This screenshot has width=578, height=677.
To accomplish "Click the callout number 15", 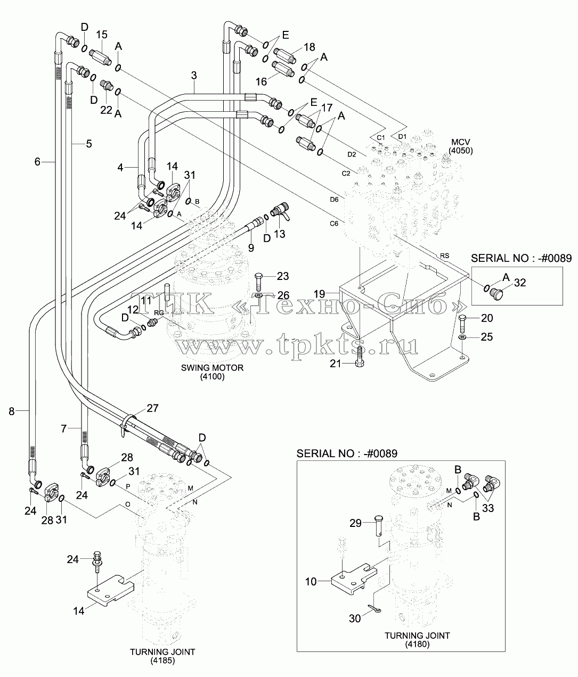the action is [102, 35].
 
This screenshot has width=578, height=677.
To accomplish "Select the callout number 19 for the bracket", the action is [319, 293].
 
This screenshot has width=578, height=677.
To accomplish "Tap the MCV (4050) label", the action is [461, 146].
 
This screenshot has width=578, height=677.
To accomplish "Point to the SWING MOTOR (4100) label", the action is [213, 372].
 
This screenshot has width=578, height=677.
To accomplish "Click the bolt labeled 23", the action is [258, 282].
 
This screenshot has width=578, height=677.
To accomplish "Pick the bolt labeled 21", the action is [360, 357].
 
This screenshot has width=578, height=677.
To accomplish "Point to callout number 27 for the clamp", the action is [152, 408].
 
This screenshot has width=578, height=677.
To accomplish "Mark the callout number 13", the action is [279, 234].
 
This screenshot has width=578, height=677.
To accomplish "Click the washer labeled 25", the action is [462, 337].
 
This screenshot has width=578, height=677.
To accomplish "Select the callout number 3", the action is [194, 76].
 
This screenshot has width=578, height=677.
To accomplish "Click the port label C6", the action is [334, 224].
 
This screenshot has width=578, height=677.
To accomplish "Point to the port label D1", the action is [402, 136].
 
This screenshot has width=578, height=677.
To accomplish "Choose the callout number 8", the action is [12, 411].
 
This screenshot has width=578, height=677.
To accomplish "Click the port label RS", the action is [445, 256].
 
